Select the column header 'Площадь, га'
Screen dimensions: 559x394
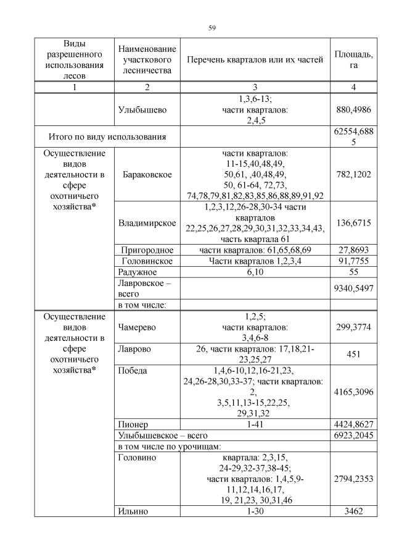[x=353, y=59]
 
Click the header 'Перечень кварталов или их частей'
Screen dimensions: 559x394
[x=255, y=59]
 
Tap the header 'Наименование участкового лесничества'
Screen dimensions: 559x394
[x=147, y=59]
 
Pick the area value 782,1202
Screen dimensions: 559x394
[x=353, y=175]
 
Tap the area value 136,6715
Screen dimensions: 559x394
[x=353, y=223]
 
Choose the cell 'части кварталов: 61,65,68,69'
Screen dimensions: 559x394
[x=255, y=250]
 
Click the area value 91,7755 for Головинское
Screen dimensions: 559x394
[x=353, y=261]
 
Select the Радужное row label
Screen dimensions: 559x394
[x=136, y=272]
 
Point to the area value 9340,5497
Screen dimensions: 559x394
[x=353, y=288]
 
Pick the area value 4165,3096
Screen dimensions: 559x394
[x=353, y=392]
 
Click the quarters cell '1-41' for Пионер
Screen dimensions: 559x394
[x=255, y=425]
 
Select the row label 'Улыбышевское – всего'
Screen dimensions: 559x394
[x=158, y=435]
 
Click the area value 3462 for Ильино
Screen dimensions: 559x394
[x=353, y=511]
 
